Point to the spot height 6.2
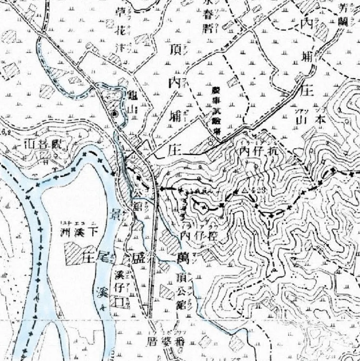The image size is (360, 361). coord(4,132)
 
